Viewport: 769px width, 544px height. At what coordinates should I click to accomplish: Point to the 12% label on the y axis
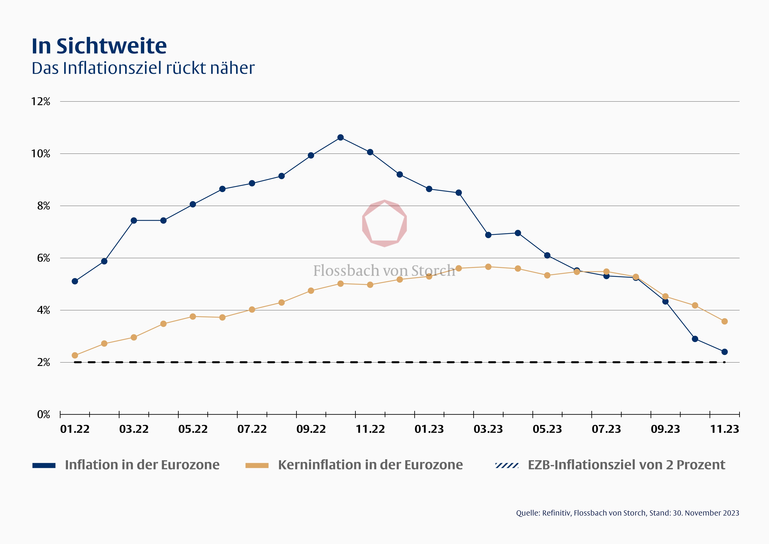41,102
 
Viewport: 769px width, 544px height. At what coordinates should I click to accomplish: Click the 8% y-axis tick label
44,206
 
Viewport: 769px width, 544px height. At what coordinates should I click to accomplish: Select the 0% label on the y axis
44,415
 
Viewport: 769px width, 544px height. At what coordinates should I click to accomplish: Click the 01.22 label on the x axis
75,429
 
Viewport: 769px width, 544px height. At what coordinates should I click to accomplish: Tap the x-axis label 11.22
370,429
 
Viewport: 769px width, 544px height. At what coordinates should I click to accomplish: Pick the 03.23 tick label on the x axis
488,429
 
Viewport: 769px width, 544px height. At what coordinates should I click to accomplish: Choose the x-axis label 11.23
724,429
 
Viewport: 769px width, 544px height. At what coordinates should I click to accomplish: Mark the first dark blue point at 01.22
75,281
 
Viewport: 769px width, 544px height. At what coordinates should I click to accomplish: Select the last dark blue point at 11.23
724,352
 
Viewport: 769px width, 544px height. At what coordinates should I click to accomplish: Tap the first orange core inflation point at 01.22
75,355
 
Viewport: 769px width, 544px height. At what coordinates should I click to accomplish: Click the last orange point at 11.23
724,321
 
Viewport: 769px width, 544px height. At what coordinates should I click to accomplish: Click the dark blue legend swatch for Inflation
44,465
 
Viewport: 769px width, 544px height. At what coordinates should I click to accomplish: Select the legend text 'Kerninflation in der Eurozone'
370,465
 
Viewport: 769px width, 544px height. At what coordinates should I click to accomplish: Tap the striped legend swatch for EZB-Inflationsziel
507,465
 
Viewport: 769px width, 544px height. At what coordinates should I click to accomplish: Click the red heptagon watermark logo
384,223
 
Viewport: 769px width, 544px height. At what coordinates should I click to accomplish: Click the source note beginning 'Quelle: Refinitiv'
627,513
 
